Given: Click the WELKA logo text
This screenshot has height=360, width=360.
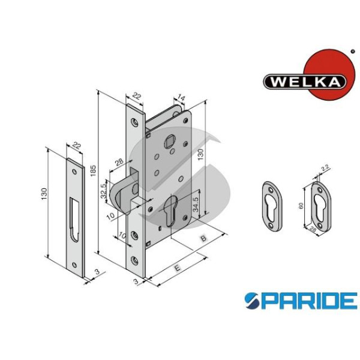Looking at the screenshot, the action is click(x=305, y=81).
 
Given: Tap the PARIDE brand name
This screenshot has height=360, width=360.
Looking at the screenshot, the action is click(x=301, y=301).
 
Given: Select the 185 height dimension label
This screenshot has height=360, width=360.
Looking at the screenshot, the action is click(x=93, y=170).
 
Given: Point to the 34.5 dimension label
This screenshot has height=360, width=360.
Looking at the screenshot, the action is click(x=195, y=204).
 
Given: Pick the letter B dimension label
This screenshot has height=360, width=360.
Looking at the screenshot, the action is click(x=203, y=238).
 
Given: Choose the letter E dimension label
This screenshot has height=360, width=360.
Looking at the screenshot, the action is click(x=178, y=268).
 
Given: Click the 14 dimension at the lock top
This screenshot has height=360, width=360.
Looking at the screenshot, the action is click(x=181, y=98).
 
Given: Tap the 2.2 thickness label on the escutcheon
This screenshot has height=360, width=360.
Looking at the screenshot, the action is click(x=325, y=168).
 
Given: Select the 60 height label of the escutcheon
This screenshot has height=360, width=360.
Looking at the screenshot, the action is click(x=301, y=206).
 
